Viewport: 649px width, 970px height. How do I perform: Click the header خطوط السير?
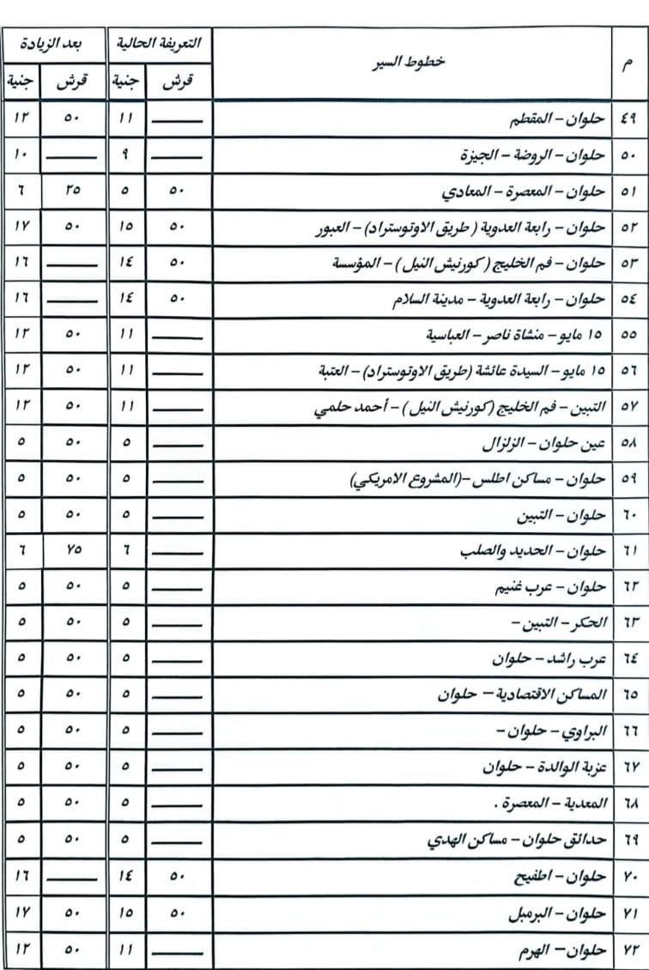coord(413,64)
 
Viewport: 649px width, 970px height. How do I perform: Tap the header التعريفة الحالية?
coord(161,44)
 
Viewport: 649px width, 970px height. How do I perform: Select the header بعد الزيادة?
coord(55,44)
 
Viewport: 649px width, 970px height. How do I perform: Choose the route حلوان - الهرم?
coord(564,950)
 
